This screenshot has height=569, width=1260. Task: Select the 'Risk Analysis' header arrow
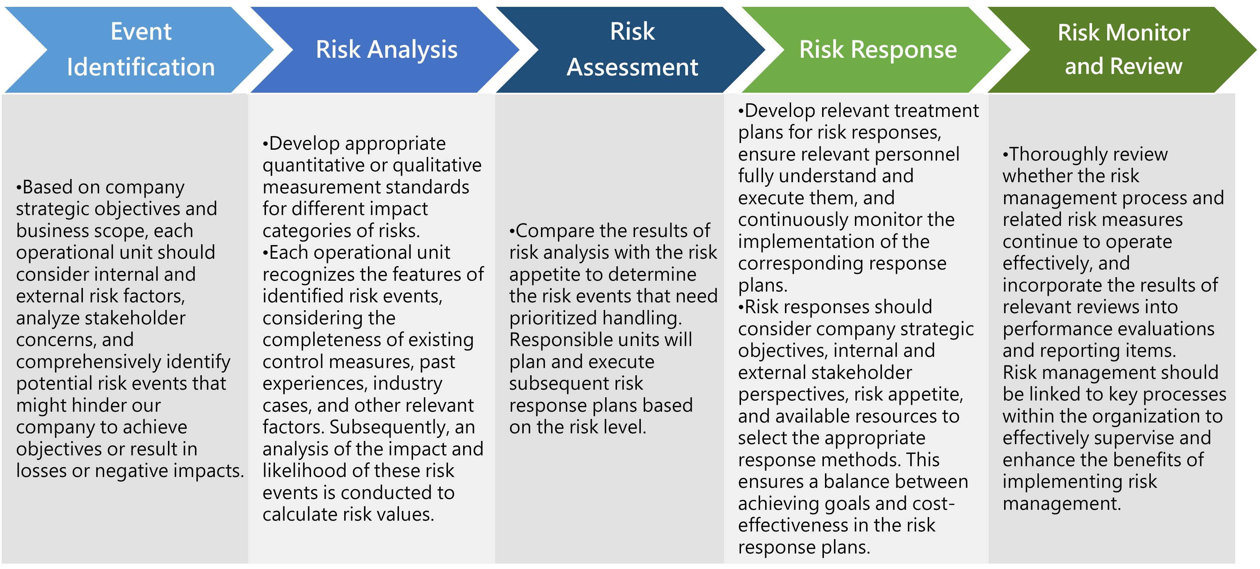[x=386, y=49]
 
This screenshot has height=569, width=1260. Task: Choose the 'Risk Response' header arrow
[x=878, y=49]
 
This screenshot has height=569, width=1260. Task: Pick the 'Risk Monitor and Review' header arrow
[x=1123, y=49]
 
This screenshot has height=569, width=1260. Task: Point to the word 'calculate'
[x=300, y=515]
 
